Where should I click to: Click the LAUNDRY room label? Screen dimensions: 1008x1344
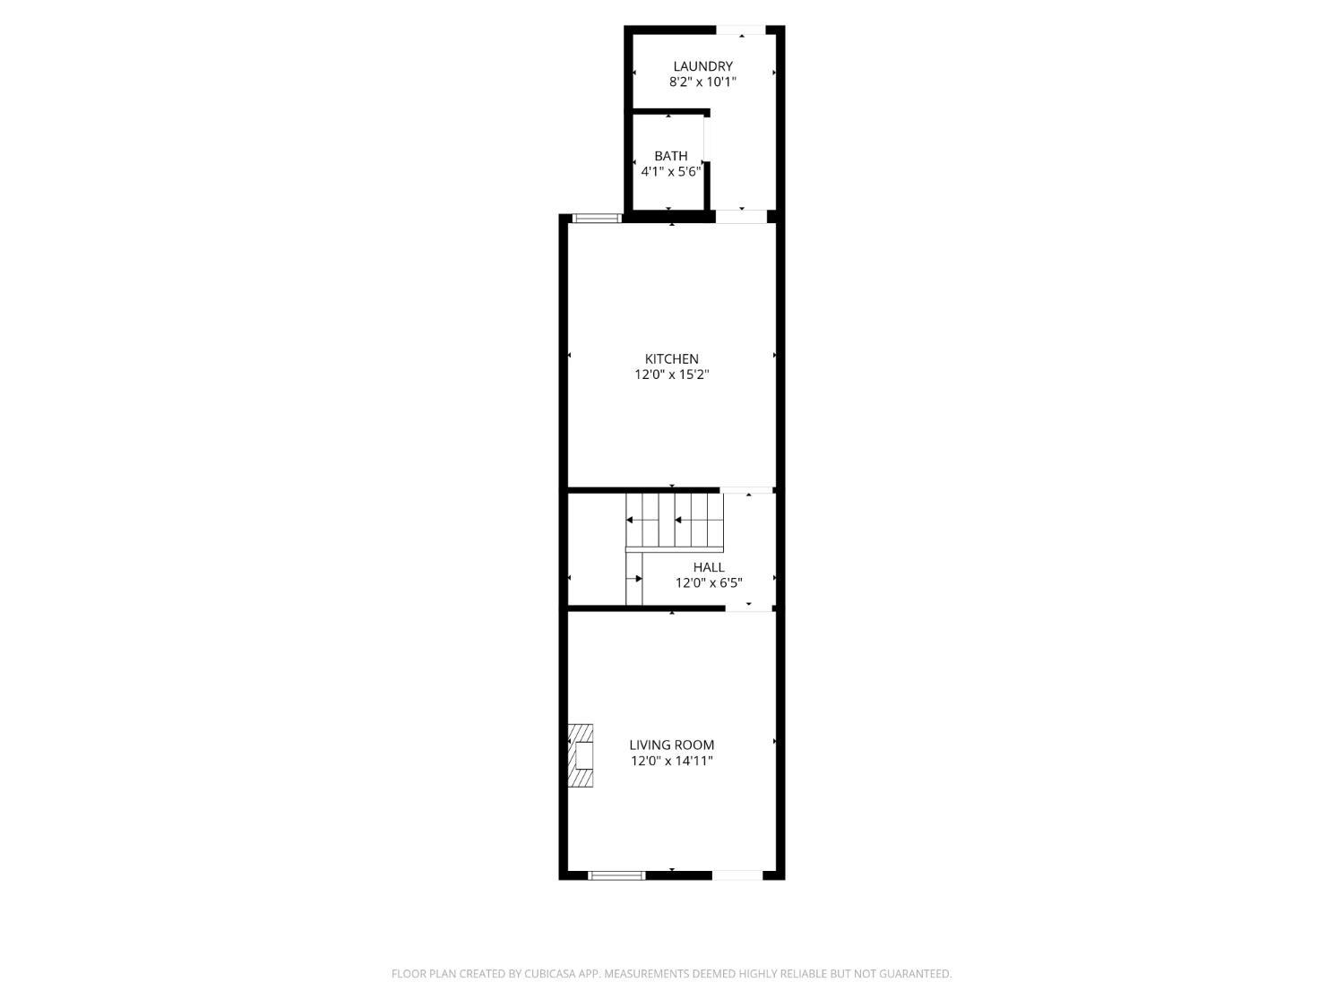702,66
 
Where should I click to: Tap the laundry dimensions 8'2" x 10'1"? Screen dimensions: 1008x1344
702,82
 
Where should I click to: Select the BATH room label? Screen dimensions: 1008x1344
670,156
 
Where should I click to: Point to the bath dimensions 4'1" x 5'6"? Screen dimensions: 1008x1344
670,171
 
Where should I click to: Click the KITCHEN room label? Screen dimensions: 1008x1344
671,359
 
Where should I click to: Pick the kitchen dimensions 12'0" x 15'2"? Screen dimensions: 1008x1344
671,375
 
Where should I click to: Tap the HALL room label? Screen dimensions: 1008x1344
708,567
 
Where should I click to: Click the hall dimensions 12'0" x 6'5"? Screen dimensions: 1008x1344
708,583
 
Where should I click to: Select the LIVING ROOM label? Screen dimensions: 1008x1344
671,745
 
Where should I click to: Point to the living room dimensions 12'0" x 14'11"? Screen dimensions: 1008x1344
671,762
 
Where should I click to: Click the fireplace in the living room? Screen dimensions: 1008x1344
581,756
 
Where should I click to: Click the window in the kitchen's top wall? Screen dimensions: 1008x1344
597,218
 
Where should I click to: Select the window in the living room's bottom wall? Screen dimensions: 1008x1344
616,874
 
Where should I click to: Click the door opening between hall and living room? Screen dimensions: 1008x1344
749,608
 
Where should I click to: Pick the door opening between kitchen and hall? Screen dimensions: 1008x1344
747,490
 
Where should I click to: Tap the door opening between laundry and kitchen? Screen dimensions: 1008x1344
741,216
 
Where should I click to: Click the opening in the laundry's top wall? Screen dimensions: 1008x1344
741,30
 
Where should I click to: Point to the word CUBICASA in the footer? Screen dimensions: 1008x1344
548,974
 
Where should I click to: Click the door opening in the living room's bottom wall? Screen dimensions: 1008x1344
737,874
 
